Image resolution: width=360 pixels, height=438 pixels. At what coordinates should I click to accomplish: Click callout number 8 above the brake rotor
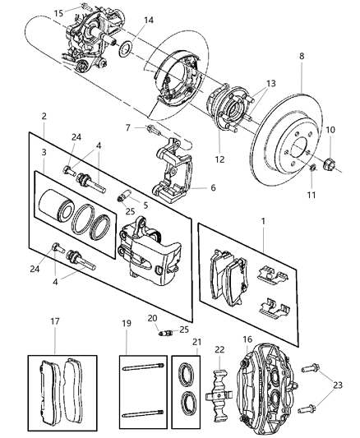pos(302,58)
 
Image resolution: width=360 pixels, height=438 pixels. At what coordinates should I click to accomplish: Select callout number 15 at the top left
pos(58,13)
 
